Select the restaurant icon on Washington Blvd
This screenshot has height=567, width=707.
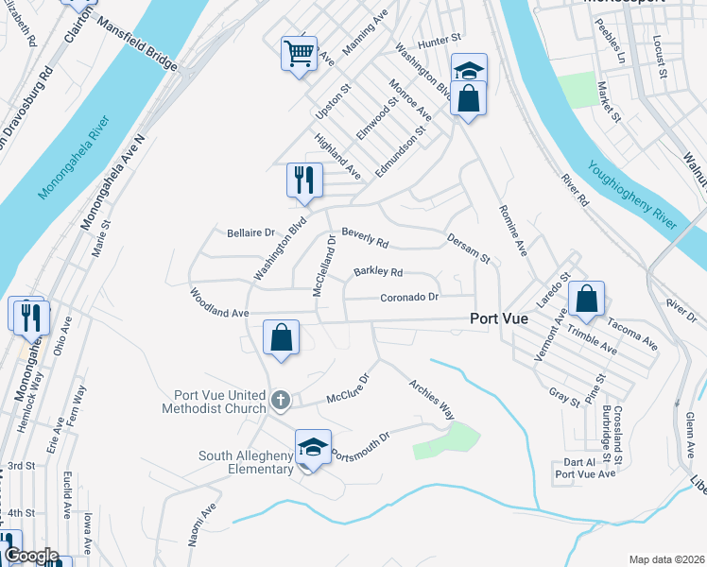point(304,180)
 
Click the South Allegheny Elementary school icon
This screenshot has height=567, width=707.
point(313,446)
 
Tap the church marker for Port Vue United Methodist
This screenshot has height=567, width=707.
point(280,401)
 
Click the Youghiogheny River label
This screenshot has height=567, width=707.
point(632,195)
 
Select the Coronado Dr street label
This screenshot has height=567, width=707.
point(410,297)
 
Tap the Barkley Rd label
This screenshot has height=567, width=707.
point(378,272)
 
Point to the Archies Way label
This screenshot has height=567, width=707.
point(432,399)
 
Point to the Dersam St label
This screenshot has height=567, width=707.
point(469,249)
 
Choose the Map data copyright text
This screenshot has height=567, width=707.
point(666,558)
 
